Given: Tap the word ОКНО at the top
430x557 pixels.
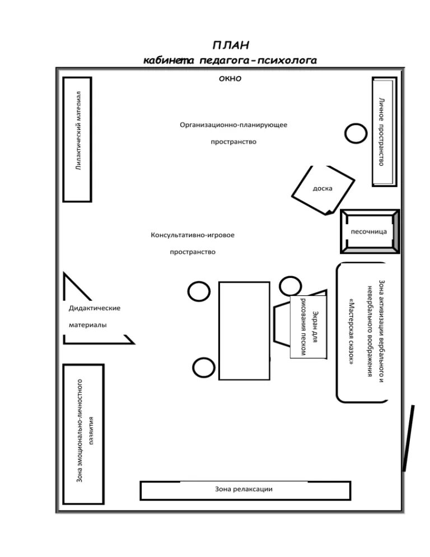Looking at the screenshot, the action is pos(230,79).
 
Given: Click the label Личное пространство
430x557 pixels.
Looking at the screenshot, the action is pos(381,131).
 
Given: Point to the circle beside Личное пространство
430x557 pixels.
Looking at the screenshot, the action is pos(355,133).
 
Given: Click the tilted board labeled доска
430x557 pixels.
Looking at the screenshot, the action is pos(323,189).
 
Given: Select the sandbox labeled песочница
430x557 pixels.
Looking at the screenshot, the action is pos(369,231).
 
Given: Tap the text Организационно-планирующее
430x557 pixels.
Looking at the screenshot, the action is pos(233,124).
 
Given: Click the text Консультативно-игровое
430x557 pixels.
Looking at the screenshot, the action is pos(192,235).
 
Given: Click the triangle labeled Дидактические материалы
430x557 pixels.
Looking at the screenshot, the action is pos(90,316).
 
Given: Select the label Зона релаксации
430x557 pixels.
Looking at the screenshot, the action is pos(244,489).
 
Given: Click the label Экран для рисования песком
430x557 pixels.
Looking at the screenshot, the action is pos(309,327).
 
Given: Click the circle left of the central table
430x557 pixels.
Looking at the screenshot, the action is pos(198,291).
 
